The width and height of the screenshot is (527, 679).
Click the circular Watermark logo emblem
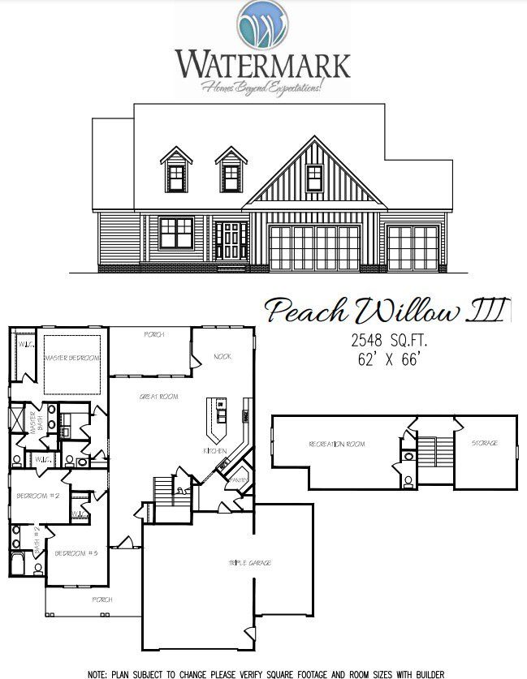coord(263,26)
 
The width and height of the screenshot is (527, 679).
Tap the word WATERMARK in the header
coord(263,63)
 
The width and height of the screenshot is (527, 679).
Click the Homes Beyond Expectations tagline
coord(263,85)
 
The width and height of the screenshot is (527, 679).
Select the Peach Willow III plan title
coord(385,311)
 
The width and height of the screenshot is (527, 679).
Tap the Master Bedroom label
coord(72,358)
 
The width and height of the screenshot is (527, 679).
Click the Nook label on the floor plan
coord(222,355)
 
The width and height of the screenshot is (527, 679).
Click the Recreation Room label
coord(329,444)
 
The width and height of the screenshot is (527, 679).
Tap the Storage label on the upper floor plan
coord(485,444)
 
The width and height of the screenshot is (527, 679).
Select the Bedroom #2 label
coord(39,494)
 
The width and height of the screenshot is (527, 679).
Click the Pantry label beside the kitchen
coord(240,479)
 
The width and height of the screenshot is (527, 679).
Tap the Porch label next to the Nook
coord(154,333)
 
